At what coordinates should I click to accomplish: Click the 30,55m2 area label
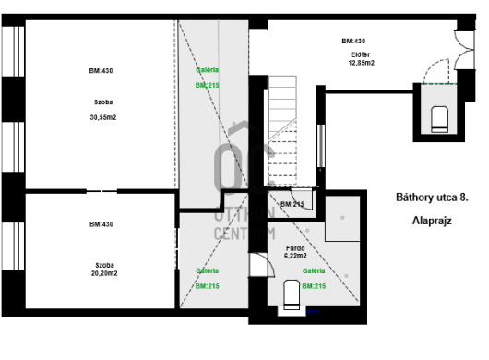pos(103,117)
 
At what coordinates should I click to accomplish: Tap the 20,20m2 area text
pos(104,273)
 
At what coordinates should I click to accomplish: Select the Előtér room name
pos(361,54)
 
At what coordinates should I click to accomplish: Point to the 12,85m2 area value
pos(362,63)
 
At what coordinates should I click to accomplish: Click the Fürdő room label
pos(295,248)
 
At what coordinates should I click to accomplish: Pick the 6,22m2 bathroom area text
pos(295,256)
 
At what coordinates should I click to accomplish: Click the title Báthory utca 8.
pos(432,198)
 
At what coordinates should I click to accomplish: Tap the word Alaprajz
pos(432,221)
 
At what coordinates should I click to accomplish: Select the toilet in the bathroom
pos(292,294)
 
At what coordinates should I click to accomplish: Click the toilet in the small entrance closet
pos(440,119)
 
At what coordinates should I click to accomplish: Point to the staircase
pos(282,130)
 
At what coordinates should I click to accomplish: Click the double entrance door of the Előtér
pos(464,49)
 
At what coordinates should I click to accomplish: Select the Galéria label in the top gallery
pos(208,70)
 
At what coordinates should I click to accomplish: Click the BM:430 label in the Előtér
pos(353,42)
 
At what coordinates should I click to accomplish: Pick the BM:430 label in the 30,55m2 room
pos(101,71)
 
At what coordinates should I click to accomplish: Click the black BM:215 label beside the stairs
pos(292,204)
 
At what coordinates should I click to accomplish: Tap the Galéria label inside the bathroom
pos(314,270)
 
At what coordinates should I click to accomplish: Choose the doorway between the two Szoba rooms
pos(101,191)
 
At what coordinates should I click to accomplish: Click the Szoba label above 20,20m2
pos(104,265)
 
